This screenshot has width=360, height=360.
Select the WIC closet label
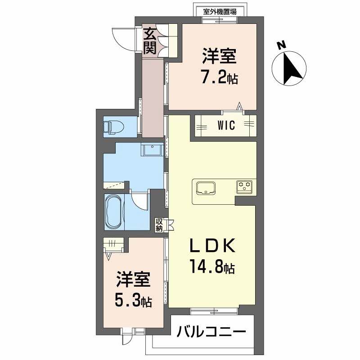226,126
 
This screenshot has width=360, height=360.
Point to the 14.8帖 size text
211,269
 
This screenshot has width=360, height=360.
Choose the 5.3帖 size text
134,300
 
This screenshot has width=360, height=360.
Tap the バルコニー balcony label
211,333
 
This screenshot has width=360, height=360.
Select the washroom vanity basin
153,150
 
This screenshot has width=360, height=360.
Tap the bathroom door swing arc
140,201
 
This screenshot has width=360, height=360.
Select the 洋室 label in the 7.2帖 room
219,58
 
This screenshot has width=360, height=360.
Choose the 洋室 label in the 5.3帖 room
134,279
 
